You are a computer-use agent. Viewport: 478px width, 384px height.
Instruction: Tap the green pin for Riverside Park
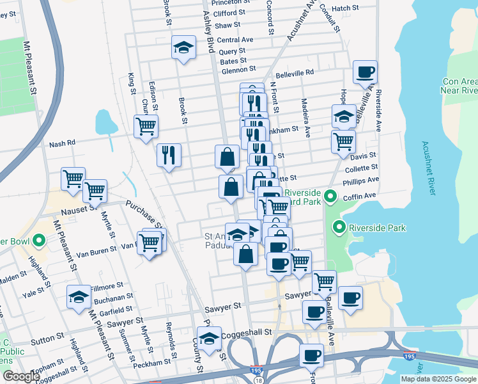(339, 227)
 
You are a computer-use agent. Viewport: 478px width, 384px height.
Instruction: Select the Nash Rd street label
(62, 143)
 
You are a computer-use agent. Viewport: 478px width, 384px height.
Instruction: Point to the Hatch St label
(346, 8)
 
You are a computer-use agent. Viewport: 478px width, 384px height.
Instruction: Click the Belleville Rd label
(295, 72)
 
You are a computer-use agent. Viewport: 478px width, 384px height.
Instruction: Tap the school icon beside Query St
(183, 47)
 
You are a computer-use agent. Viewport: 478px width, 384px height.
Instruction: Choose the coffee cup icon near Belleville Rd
(365, 72)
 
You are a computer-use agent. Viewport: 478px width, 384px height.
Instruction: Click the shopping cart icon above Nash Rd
(146, 125)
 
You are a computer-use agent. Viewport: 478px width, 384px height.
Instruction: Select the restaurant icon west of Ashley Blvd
(169, 154)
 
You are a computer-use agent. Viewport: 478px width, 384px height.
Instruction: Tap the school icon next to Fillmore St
(79, 296)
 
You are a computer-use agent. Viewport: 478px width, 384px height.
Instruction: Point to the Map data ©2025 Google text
(438, 379)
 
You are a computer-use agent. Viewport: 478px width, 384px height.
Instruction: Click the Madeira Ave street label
(307, 122)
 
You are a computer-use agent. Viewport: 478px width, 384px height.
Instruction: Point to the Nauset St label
(78, 209)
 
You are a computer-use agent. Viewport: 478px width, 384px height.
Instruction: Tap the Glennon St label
(238, 69)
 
